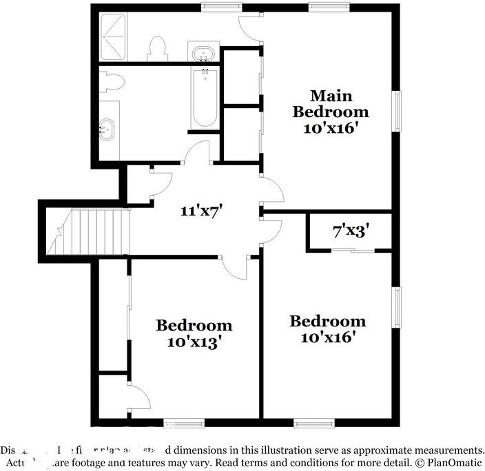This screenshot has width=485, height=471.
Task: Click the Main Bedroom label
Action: coord(331,103)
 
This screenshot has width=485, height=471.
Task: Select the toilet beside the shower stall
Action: coord(157,49)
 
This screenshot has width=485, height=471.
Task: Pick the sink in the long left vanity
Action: coord(107,127)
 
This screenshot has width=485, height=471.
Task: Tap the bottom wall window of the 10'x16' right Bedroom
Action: coord(313,421)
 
